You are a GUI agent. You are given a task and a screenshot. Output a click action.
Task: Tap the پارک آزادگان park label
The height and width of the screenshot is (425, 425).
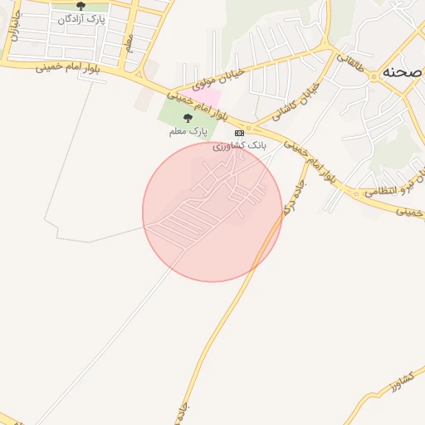(80, 17)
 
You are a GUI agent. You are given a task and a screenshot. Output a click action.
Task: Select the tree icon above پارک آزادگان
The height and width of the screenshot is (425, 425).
(80, 6)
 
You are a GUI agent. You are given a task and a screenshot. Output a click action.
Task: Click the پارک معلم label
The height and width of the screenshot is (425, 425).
(188, 130)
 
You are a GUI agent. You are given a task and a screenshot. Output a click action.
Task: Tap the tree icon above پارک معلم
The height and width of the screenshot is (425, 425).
(188, 118)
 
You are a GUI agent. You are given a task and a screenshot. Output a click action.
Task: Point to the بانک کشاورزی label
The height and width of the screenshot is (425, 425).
(240, 145)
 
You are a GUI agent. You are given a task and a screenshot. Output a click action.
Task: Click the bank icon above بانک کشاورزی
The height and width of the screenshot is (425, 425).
(240, 133)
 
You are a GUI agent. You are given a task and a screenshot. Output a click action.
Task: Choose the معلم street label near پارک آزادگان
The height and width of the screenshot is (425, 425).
(129, 44)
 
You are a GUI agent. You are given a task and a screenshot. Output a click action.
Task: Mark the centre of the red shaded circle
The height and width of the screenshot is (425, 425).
(212, 212)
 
